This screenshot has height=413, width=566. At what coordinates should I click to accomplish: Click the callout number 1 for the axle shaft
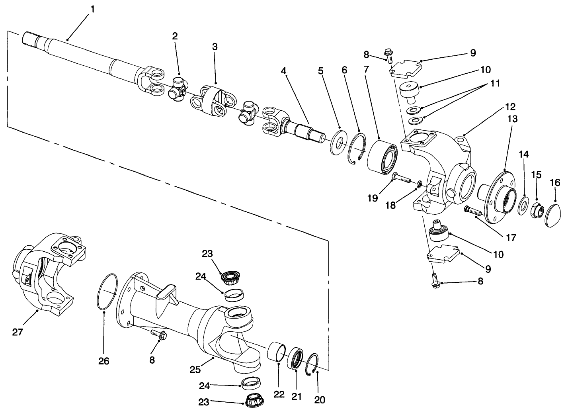(92, 9)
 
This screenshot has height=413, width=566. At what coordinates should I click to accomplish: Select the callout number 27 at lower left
(18, 332)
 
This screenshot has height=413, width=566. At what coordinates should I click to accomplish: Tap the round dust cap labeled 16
(551, 215)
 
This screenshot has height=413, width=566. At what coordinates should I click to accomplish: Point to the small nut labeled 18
(419, 184)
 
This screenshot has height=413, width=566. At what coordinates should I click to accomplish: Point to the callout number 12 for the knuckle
(510, 107)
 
